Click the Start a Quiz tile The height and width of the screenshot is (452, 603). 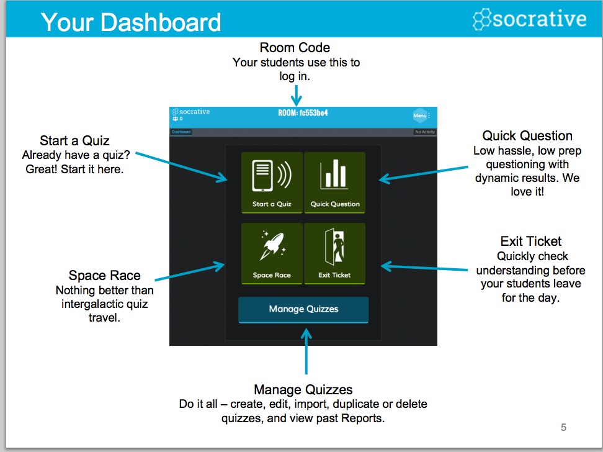(272, 183)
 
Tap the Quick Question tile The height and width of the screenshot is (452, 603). (335, 183)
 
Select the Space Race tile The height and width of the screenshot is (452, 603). (272, 253)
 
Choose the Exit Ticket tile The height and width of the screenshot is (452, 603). (335, 253)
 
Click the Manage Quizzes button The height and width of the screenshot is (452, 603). (303, 309)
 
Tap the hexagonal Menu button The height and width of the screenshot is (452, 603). (420, 115)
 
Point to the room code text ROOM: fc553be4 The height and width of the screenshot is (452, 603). (303, 113)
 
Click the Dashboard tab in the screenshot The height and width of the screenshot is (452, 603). (181, 132)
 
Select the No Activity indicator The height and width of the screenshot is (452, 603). (425, 132)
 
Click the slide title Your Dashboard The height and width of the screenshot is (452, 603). (131, 22)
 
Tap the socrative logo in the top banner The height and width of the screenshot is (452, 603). (530, 19)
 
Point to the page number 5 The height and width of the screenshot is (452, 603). (563, 427)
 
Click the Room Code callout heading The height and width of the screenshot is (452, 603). (295, 48)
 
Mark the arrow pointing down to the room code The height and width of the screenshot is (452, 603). (297, 95)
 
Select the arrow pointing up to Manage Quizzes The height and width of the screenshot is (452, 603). (306, 351)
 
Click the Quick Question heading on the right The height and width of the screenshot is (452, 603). (527, 136)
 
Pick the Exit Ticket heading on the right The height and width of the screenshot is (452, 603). (531, 242)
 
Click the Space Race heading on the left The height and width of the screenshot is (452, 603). (105, 276)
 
